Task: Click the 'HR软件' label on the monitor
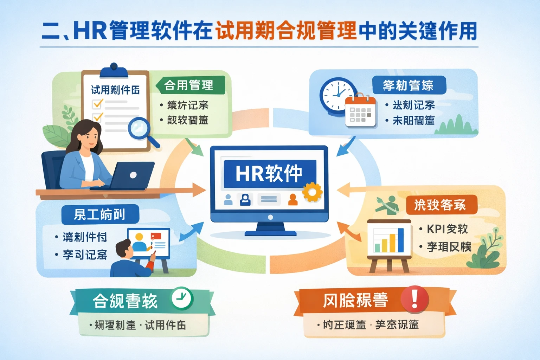[x=269, y=173]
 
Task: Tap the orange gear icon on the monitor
[x=312, y=192]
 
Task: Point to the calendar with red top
[x=360, y=112]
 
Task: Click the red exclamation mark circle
[x=415, y=299]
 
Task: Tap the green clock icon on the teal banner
[x=182, y=299]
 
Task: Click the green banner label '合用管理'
[x=189, y=85]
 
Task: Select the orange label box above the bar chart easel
[x=441, y=205]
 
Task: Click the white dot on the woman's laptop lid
[x=133, y=175]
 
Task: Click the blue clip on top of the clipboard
[x=114, y=70]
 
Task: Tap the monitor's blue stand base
[x=270, y=233]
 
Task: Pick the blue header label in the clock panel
[x=409, y=85]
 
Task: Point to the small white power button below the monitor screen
[x=270, y=217]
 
